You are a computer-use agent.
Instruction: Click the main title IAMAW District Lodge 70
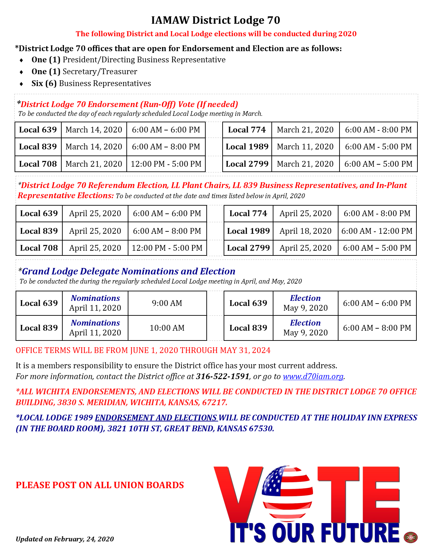click(x=215, y=20)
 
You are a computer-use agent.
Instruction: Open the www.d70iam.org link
click(x=313, y=376)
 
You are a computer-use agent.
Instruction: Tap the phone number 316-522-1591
click(x=223, y=376)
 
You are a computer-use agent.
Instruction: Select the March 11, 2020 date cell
click(x=305, y=147)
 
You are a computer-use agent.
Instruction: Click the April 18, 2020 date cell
click(x=305, y=231)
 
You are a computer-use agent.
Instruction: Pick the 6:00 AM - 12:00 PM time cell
click(x=377, y=231)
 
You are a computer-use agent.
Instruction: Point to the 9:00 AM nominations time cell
click(x=167, y=303)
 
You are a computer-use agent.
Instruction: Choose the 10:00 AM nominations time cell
click(x=167, y=328)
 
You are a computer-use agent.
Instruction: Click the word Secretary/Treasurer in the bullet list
click(x=100, y=71)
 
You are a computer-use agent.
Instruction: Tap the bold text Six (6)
click(x=44, y=83)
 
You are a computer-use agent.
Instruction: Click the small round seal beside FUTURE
click(x=411, y=537)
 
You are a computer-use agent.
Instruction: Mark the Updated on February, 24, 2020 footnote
click(x=65, y=539)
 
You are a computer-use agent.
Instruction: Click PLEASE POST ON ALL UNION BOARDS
click(x=100, y=485)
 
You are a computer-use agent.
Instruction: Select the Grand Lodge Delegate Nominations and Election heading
click(x=128, y=271)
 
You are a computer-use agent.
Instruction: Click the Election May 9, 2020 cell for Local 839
click(x=305, y=328)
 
